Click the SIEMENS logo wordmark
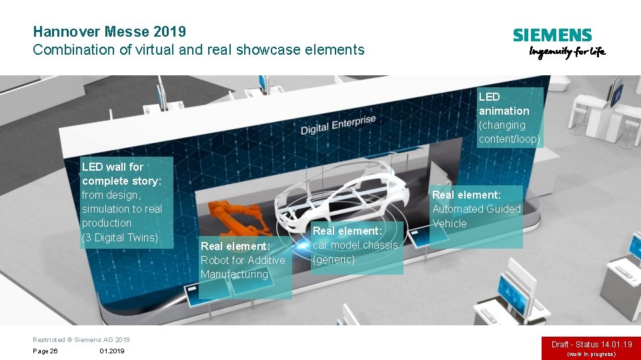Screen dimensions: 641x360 click(552, 35)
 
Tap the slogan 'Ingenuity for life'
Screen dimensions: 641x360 click(567, 52)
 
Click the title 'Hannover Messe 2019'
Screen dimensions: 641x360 click(109, 31)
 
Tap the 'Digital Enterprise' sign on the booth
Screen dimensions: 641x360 click(338, 125)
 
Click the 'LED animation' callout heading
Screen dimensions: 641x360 click(504, 104)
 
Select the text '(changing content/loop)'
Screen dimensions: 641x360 click(509, 132)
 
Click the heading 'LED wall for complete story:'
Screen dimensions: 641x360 click(121, 174)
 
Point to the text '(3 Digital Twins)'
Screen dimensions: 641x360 click(119, 237)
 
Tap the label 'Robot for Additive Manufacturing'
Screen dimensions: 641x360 click(242, 267)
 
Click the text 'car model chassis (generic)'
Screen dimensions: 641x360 click(355, 252)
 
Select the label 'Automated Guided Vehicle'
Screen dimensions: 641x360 click(476, 216)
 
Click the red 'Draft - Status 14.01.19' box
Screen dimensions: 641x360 click(591, 345)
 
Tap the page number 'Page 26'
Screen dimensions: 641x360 click(45, 351)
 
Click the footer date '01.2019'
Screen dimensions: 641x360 click(111, 351)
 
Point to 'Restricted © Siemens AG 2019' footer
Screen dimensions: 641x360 click(81, 339)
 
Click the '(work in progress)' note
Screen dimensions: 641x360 click(591, 354)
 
